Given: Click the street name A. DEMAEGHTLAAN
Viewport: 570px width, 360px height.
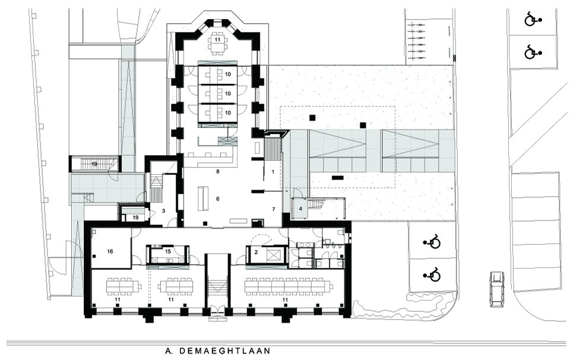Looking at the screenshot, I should tap(217, 351).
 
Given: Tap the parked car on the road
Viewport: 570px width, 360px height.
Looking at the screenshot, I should tap(497, 289).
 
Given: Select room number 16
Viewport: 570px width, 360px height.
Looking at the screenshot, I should tap(110, 251).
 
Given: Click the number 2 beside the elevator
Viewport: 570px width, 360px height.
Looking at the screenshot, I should tap(255, 252).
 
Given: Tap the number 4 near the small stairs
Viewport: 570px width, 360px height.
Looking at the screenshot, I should tap(300, 209).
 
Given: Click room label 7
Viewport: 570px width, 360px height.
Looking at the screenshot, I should tap(274, 210).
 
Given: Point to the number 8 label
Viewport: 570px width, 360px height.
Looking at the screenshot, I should tap(218, 172).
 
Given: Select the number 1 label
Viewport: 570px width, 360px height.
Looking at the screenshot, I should tap(273, 172).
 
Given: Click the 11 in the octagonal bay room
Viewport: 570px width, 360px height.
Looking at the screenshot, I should tap(218, 39).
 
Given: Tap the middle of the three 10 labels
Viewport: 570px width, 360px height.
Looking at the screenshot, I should tap(227, 93).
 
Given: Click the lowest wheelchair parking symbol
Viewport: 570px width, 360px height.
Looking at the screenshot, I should tap(432, 274).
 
